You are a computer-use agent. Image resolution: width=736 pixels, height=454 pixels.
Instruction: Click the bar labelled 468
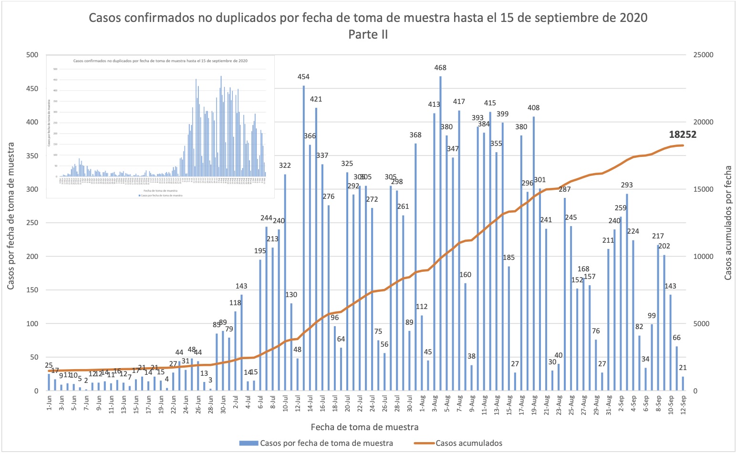[440, 234]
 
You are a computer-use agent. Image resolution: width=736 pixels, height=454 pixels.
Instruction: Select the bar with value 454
[304, 238]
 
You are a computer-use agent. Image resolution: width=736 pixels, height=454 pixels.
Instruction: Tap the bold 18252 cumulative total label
[682, 134]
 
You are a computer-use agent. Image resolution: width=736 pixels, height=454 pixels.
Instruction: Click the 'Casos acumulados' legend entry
[468, 443]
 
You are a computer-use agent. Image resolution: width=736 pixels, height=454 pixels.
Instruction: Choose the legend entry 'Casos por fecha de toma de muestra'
[326, 443]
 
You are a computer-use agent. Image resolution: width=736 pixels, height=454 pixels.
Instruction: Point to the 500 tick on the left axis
[32, 55]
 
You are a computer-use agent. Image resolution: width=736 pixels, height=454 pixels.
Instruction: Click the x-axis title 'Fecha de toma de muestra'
[364, 427]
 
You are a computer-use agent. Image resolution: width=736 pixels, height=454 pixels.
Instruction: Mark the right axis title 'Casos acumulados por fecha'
[727, 223]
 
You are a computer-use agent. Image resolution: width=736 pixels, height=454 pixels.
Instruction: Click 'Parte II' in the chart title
[368, 34]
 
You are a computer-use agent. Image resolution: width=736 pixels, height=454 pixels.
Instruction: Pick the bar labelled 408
[534, 253]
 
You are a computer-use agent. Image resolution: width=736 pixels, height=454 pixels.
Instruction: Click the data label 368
[415, 135]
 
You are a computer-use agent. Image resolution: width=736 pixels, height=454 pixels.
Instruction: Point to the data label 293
[627, 185]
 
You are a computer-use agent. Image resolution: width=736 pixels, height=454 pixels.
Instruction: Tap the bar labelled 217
[658, 318]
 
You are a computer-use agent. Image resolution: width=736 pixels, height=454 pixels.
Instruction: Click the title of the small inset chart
[160, 61]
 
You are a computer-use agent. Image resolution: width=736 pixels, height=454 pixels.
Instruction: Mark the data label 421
[316, 99]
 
